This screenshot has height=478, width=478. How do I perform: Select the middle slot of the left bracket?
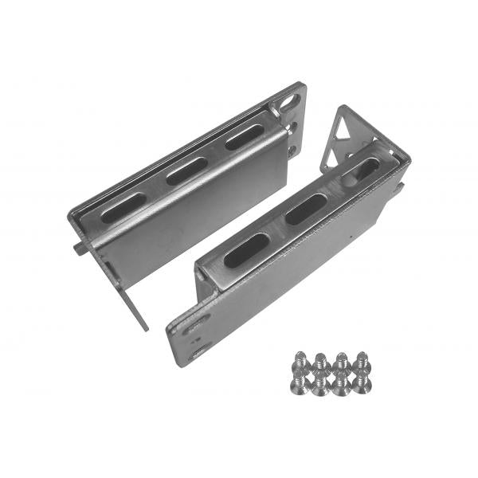(x=186, y=170)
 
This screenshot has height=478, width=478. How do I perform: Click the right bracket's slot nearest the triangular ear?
(x=364, y=170)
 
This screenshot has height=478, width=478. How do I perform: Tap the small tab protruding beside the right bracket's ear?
(x=401, y=187)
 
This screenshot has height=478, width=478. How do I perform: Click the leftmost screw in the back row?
(x=302, y=359)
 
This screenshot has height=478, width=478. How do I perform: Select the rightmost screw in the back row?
(x=362, y=358)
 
